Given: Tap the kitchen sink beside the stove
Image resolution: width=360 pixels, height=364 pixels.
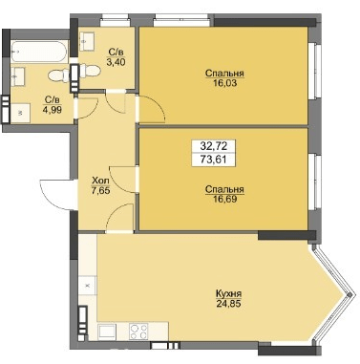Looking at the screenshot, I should pyautogui.click(x=109, y=333).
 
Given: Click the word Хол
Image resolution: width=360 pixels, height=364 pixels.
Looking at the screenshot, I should pyautogui.click(x=97, y=178).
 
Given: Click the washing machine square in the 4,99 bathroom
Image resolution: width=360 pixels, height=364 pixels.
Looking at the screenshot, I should pyautogui.click(x=20, y=111).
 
